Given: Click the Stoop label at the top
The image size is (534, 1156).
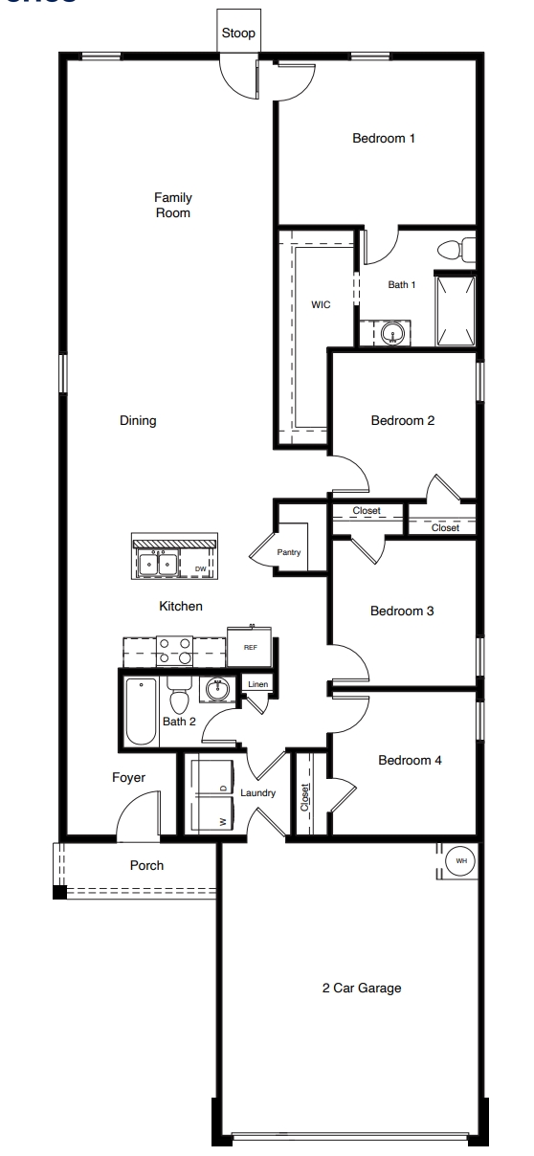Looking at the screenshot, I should click(x=238, y=33).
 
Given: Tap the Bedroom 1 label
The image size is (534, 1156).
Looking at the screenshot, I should click(x=384, y=139).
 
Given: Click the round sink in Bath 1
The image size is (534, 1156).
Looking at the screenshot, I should click(x=392, y=334).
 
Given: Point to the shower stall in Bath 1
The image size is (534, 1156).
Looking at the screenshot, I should click(x=456, y=310).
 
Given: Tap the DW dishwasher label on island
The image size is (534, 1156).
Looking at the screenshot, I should click(x=201, y=568).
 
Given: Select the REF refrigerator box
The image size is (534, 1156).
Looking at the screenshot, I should click(x=251, y=647).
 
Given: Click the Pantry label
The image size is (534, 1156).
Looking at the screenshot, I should click(x=289, y=553).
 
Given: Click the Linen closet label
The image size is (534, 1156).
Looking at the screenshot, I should click(x=258, y=684).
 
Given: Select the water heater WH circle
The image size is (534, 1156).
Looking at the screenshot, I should click(x=460, y=861).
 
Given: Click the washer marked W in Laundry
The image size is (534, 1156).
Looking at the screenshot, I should click(x=207, y=816).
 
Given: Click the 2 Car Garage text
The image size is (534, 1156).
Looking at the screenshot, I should click(x=361, y=989).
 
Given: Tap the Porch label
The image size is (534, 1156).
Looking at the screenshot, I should click(x=146, y=865).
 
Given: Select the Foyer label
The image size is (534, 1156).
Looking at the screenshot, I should click(x=128, y=778).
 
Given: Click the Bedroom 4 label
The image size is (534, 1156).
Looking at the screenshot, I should click(x=410, y=761).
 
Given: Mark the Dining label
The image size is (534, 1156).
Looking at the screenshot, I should click(x=138, y=420).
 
